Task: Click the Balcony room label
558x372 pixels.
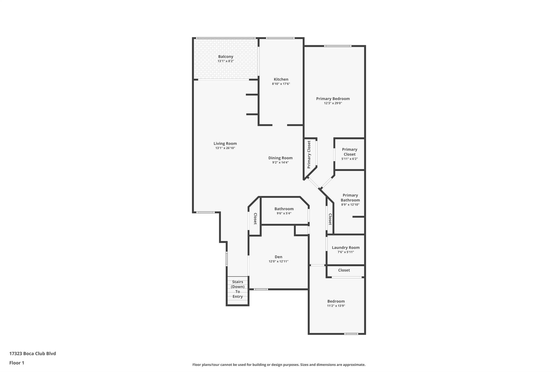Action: tap(226, 57)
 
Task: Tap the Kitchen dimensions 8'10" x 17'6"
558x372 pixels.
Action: tap(281, 84)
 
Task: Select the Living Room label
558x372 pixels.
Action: tap(225, 144)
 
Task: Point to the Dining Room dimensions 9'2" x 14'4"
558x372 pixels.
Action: tap(280, 162)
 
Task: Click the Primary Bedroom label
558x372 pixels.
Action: tap(333, 99)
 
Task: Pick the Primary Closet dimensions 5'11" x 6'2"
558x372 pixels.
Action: tap(350, 159)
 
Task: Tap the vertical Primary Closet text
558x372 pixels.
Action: tap(309, 155)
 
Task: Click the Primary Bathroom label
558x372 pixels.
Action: tap(350, 198)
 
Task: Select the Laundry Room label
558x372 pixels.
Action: tap(346, 247)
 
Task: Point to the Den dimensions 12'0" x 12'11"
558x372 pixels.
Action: tap(278, 261)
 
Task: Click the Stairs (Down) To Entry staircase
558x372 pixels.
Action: tap(238, 291)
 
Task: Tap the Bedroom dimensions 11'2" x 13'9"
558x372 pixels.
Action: tap(336, 306)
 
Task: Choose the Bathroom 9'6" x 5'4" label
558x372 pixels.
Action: tap(284, 211)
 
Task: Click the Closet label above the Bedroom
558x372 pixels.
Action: tap(344, 270)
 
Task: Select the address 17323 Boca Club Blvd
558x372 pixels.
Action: tap(33, 353)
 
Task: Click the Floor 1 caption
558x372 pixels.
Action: tap(17, 363)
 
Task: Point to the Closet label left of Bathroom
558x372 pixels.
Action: tap(255, 219)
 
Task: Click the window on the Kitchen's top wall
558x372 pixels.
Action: tap(280, 38)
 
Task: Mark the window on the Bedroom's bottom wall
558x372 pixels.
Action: tap(351, 334)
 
